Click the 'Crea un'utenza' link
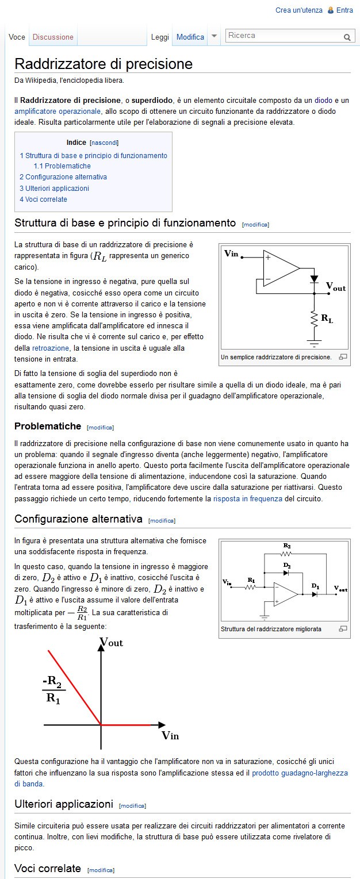click(x=298, y=10)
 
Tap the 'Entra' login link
click(x=344, y=10)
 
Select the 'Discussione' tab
click(x=53, y=37)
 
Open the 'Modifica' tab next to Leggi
click(x=190, y=37)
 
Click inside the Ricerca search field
click(x=283, y=36)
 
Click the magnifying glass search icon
click(x=347, y=37)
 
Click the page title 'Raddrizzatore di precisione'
click(x=104, y=63)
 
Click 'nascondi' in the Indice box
click(x=104, y=143)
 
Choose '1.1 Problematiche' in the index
click(x=62, y=166)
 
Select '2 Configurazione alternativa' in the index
click(x=63, y=177)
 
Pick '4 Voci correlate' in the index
click(x=43, y=199)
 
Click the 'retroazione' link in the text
click(x=50, y=348)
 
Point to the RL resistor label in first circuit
click(x=326, y=318)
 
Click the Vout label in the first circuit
click(x=336, y=286)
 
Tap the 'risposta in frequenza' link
click(x=247, y=499)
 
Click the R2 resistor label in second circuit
click(x=286, y=545)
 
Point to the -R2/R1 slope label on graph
click(x=53, y=690)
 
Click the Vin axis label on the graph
click(x=170, y=735)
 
